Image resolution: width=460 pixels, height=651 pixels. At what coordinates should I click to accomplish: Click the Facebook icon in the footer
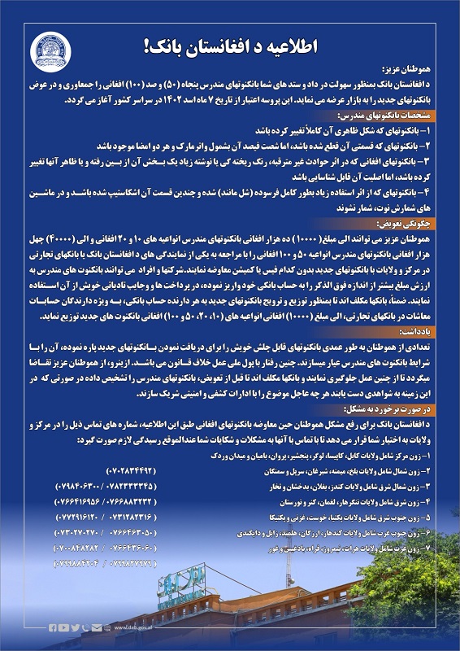(54, 627)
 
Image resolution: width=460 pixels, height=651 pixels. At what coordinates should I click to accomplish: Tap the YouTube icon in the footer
(64, 627)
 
